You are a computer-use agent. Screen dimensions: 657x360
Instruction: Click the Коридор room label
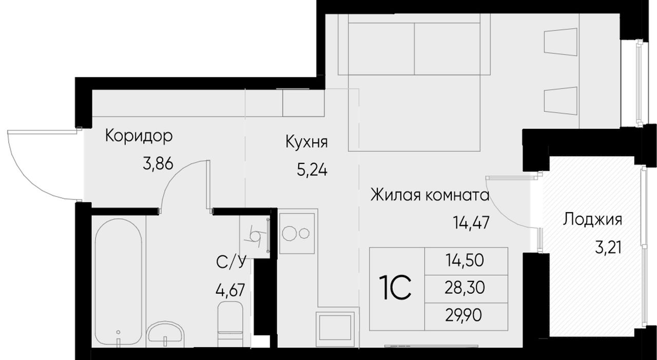click(139, 137)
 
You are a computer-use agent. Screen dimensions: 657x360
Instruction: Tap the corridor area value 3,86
click(158, 164)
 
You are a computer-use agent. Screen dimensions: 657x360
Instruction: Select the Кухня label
click(306, 143)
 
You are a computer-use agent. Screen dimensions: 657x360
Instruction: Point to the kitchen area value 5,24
click(312, 170)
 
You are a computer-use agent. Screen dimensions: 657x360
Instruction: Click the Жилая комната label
click(430, 195)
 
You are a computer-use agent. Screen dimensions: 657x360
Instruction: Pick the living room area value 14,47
click(471, 223)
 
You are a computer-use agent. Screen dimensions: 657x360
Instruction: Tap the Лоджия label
click(592, 220)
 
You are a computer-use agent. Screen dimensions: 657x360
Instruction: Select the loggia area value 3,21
click(608, 248)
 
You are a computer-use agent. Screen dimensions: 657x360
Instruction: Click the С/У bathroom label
click(230, 263)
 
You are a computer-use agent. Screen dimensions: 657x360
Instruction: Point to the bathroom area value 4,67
click(230, 291)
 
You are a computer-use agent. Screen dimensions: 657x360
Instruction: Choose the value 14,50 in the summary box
click(465, 260)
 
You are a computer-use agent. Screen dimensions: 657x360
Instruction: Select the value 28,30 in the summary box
click(465, 288)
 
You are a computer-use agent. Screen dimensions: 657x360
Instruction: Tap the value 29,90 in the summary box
click(463, 316)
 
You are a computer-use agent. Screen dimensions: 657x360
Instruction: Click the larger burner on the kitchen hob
click(289, 234)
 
